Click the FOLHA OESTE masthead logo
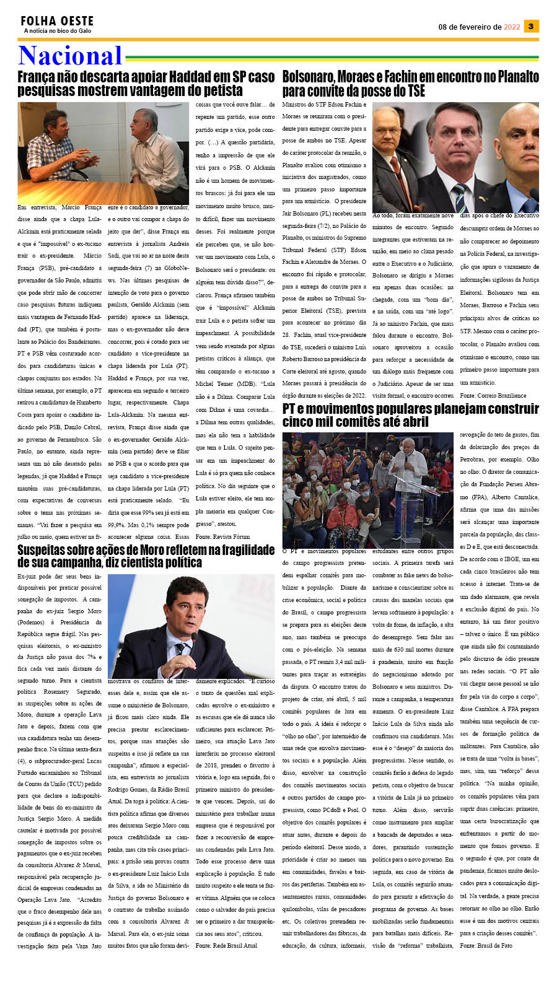tap(57, 22)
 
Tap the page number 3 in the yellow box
tap(531, 26)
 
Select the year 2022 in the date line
tap(512, 27)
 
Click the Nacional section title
tap(70, 56)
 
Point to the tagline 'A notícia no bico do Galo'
tap(58, 31)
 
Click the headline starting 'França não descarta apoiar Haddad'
tap(146, 83)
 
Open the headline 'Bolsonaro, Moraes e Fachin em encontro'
tap(410, 84)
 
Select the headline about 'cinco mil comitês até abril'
tap(410, 415)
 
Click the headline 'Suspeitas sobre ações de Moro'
tap(146, 556)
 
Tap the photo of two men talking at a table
tap(103, 152)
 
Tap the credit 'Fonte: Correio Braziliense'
tap(493, 395)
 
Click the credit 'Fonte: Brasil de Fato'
tap(486, 945)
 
